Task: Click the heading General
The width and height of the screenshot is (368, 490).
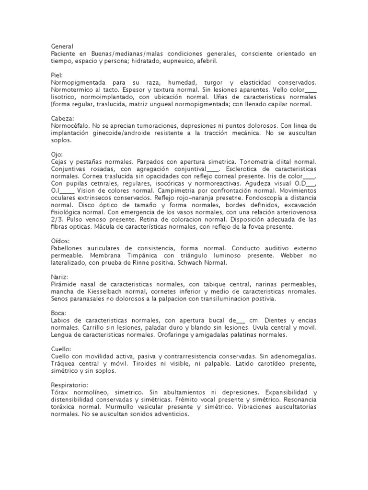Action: (62, 47)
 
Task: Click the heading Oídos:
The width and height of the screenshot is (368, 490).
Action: (60, 241)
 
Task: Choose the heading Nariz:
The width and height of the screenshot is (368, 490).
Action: (59, 277)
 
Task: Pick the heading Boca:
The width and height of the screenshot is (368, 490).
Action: (58, 312)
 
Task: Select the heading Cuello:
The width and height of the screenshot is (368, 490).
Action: (60, 349)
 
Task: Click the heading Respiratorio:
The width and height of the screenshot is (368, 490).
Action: (69, 385)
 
